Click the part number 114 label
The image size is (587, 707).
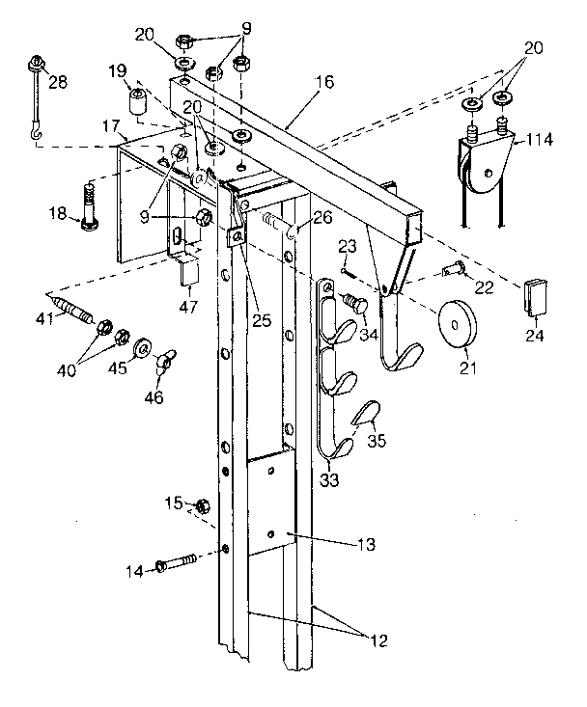click(x=540, y=141)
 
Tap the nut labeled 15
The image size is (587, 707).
click(x=202, y=505)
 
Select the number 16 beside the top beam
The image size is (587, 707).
click(x=323, y=82)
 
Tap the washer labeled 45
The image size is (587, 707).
click(x=144, y=346)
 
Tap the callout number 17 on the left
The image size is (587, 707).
click(x=112, y=125)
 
